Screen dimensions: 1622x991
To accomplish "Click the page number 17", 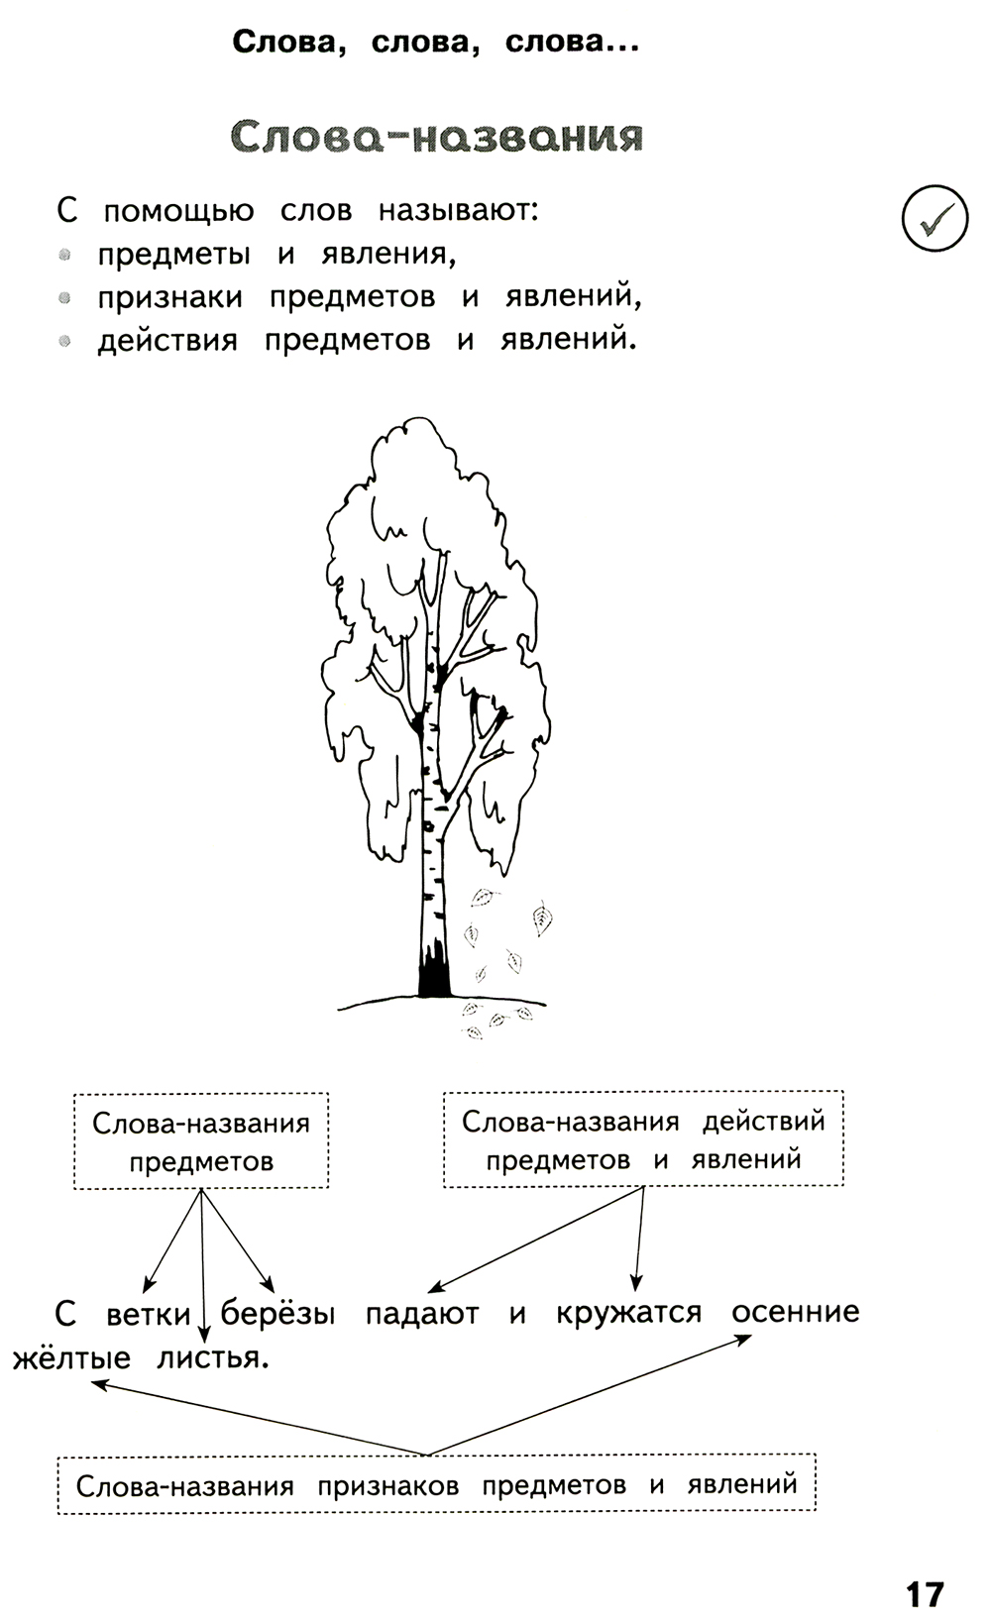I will (924, 1567).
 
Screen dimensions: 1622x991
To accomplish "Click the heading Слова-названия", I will (436, 137).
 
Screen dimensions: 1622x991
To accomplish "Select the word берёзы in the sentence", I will (278, 1314).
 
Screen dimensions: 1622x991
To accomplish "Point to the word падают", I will (422, 1314).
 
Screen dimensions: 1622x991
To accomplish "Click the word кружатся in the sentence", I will (628, 1314).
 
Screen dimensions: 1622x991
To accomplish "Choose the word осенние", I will (795, 1312).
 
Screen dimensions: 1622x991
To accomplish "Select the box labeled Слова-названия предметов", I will (201, 1140).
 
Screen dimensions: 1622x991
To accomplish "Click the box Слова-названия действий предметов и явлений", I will (643, 1138).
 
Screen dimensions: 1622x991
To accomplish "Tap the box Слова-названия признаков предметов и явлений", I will (436, 1484).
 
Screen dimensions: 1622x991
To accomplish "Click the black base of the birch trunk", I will (433, 976).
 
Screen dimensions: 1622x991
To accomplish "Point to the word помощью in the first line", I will (178, 211).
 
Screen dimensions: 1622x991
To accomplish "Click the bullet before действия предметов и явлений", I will (65, 341).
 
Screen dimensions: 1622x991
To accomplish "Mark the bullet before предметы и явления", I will (65, 255).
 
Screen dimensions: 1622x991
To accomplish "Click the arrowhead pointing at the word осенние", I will (742, 1339).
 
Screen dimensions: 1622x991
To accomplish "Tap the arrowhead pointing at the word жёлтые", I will (97, 1384).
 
